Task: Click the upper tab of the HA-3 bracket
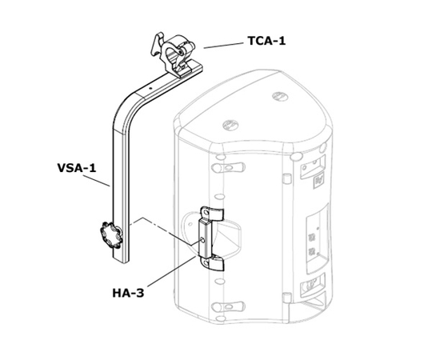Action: pyautogui.click(x=210, y=212)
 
